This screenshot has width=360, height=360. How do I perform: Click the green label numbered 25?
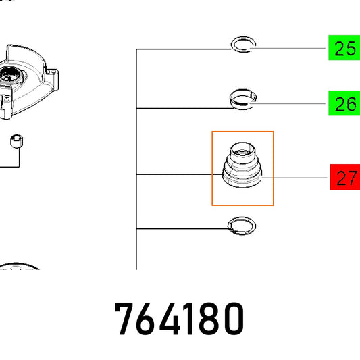pyautogui.click(x=344, y=48)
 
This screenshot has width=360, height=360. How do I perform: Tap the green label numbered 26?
pyautogui.click(x=344, y=103)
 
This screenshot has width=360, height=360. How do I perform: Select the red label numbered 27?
pyautogui.click(x=345, y=177)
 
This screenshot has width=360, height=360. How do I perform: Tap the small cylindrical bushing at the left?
pyautogui.click(x=16, y=141)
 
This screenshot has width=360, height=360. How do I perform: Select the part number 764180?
pyautogui.click(x=179, y=318)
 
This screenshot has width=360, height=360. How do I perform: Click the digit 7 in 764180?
pyautogui.click(x=124, y=319)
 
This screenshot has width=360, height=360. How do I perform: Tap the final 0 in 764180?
pyautogui.click(x=234, y=318)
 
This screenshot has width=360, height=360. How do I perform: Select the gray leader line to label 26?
pyautogui.click(x=287, y=104)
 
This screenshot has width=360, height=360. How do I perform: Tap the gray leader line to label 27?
pyautogui.click(x=294, y=178)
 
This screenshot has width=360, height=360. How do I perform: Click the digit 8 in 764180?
pyautogui.click(x=211, y=318)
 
